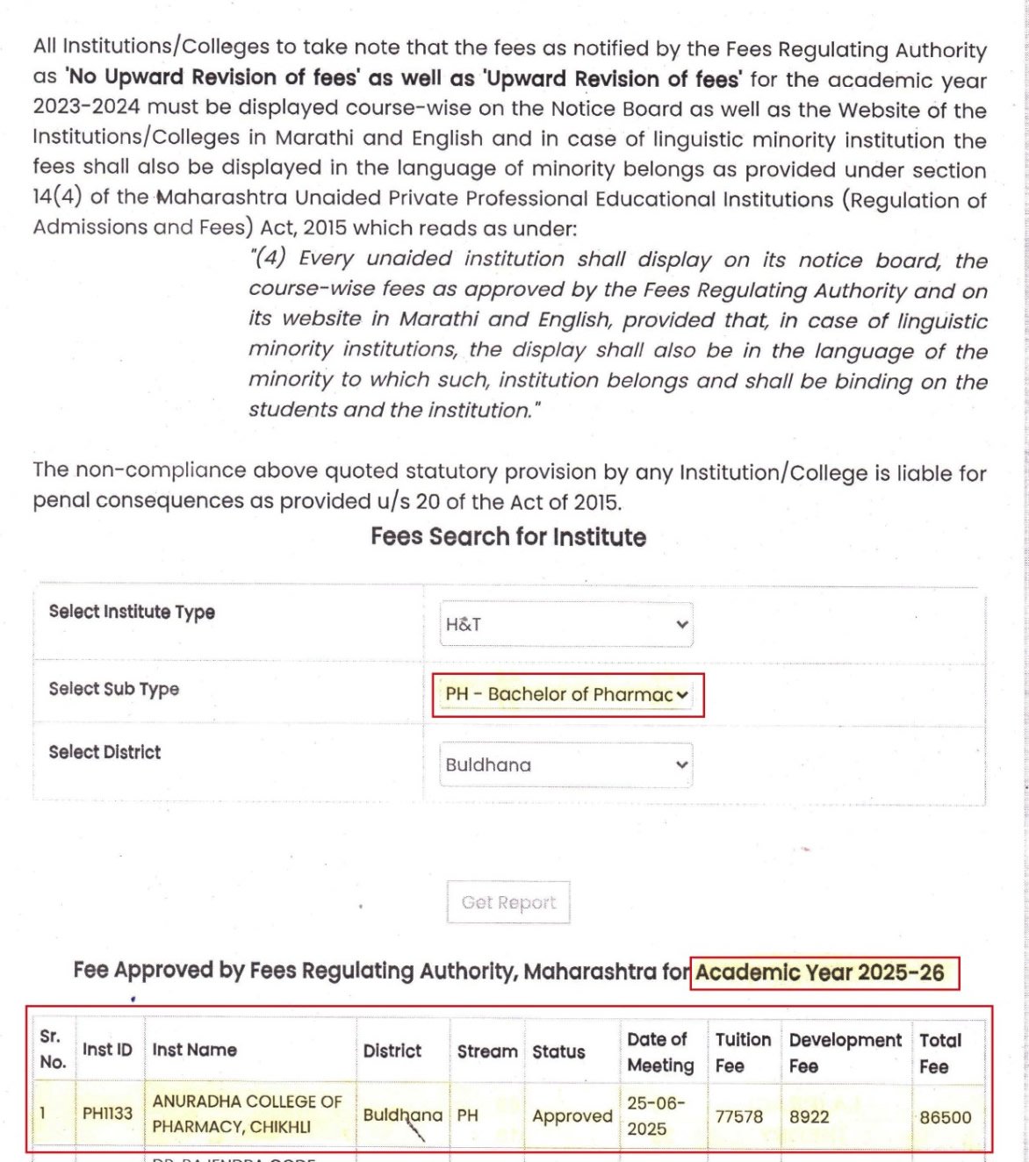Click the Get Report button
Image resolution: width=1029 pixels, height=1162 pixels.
point(508,902)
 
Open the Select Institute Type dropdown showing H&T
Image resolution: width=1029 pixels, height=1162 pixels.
point(566,625)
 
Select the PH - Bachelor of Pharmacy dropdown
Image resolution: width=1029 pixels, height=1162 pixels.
point(566,694)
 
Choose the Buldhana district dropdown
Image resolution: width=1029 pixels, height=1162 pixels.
point(566,765)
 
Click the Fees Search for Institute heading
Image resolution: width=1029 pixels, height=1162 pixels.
point(508,537)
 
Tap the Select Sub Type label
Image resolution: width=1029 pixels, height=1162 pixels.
point(114,689)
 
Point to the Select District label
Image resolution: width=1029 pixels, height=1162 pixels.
point(105,752)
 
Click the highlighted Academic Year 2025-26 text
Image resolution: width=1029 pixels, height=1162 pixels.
point(820,972)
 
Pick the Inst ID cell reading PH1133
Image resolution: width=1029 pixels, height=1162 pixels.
point(107,1114)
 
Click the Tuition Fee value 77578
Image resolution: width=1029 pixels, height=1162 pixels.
point(739,1116)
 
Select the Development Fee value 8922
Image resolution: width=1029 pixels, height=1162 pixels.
point(809,1116)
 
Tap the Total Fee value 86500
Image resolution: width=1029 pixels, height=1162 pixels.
point(946,1117)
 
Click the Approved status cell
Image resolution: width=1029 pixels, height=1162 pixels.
point(572,1115)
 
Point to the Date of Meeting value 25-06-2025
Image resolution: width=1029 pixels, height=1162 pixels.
point(656,1115)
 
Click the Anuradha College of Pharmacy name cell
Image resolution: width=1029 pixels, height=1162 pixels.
point(248,1114)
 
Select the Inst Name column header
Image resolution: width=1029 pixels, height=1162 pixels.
point(195,1050)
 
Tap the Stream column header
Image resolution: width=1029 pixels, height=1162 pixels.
point(487,1051)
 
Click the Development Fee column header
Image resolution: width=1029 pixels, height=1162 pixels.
point(845,1052)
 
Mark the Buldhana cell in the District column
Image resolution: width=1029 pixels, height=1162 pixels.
point(402,1115)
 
